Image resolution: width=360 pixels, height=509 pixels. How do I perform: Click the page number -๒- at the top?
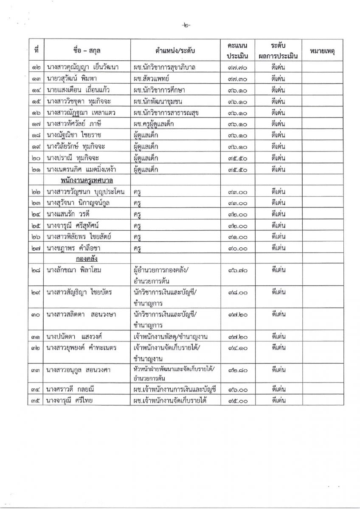(x=186, y=25)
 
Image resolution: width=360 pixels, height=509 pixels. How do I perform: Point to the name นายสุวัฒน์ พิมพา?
(x=70, y=79)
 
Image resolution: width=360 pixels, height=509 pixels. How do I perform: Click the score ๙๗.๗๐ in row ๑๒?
(x=237, y=67)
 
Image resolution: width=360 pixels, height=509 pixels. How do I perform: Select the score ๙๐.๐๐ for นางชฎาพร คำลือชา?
(x=237, y=248)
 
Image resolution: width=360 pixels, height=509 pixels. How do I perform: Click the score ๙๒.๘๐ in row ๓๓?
(x=237, y=370)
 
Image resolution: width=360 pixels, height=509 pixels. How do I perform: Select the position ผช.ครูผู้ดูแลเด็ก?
(x=159, y=124)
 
